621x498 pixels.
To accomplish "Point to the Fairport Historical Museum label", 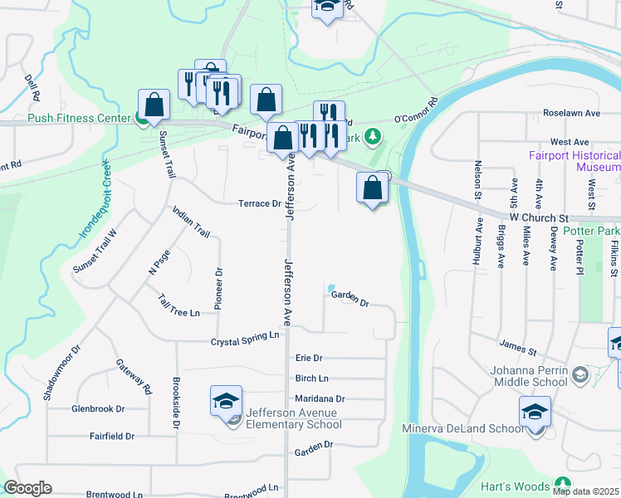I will [x=575, y=161].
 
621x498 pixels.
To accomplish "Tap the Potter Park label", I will [x=591, y=230].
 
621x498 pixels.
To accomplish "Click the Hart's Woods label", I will [x=516, y=486].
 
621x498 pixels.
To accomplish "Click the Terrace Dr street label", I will [x=260, y=203].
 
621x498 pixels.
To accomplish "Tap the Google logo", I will [x=27, y=488].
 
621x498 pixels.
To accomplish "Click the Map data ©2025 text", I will [x=585, y=491].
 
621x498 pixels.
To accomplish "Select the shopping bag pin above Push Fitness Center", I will [x=154, y=105].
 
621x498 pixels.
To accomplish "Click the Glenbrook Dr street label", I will [x=98, y=408].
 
